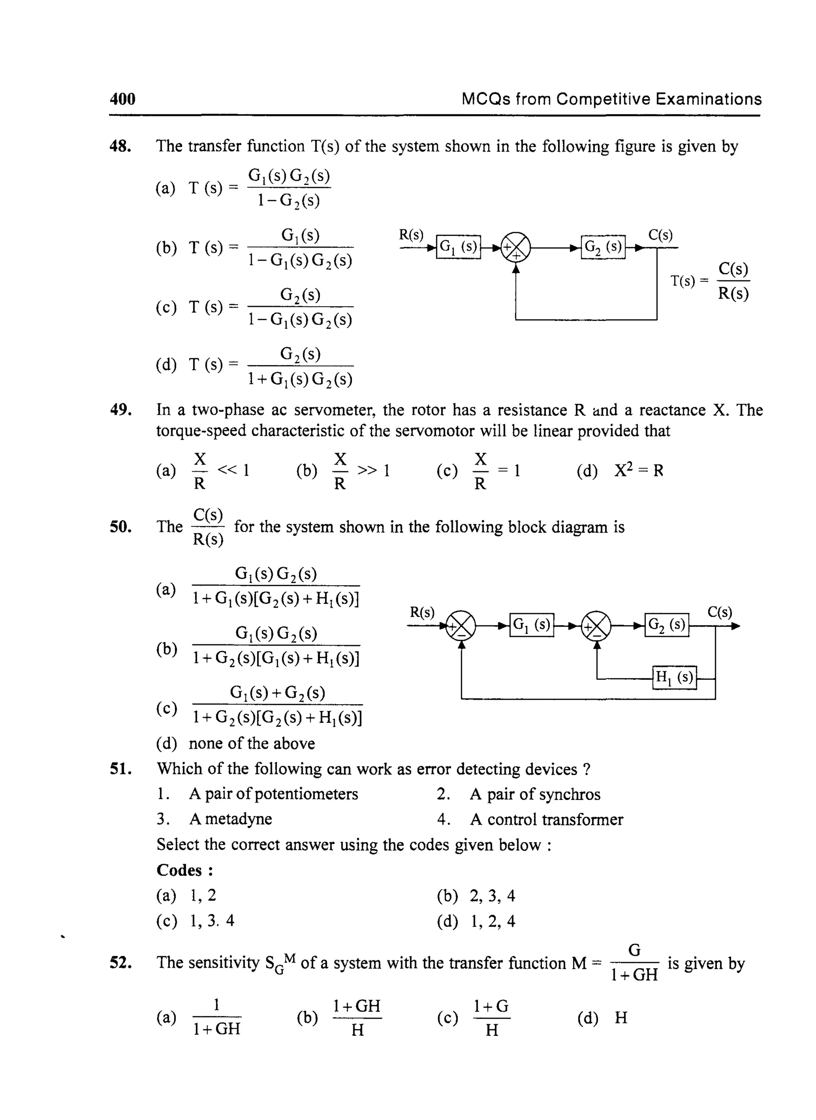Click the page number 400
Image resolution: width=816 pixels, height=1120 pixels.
pyautogui.click(x=122, y=99)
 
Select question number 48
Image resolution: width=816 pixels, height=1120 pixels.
pyautogui.click(x=120, y=146)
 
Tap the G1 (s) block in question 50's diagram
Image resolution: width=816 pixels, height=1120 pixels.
pyautogui.click(x=532, y=625)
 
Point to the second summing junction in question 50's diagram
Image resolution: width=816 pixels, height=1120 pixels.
pyautogui.click(x=597, y=626)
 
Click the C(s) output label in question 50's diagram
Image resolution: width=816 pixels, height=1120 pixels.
pyautogui.click(x=720, y=612)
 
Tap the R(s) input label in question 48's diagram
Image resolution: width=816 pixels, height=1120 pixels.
pyautogui.click(x=412, y=235)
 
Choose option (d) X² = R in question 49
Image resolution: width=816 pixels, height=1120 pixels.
pyautogui.click(x=638, y=470)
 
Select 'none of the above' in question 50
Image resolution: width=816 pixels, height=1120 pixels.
pyautogui.click(x=251, y=743)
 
